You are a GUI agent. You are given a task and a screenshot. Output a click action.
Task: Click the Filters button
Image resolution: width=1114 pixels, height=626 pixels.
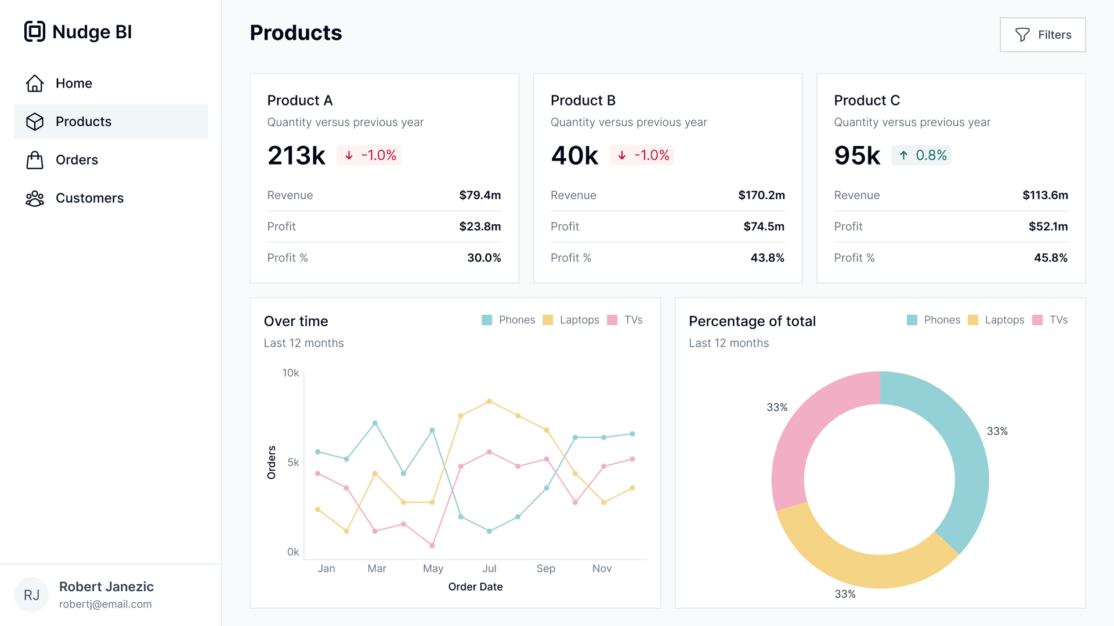pyautogui.click(x=1043, y=35)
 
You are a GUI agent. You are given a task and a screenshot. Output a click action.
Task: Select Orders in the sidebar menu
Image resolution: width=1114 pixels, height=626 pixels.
pyautogui.click(x=77, y=160)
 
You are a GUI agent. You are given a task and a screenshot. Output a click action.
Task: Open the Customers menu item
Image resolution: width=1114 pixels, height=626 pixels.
pyautogui.click(x=89, y=198)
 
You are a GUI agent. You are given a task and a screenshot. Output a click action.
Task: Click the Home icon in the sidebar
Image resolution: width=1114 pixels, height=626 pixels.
pyautogui.click(x=35, y=83)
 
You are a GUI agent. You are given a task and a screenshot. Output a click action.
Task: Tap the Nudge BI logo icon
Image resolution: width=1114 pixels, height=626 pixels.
pyautogui.click(x=35, y=31)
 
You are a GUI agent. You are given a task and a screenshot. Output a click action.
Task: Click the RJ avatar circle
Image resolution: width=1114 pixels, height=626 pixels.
pyautogui.click(x=31, y=595)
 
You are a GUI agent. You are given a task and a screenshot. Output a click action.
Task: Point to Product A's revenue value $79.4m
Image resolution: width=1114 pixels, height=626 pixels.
pyautogui.click(x=479, y=195)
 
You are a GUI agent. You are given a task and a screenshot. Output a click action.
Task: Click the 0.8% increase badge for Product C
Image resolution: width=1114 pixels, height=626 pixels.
pyautogui.click(x=921, y=155)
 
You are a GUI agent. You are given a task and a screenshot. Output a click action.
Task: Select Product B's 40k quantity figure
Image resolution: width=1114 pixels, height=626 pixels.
pyautogui.click(x=574, y=155)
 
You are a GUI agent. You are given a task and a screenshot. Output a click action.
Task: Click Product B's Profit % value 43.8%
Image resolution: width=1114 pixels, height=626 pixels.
pyautogui.click(x=767, y=258)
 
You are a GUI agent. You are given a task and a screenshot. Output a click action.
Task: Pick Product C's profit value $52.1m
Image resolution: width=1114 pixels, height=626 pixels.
pyautogui.click(x=1048, y=227)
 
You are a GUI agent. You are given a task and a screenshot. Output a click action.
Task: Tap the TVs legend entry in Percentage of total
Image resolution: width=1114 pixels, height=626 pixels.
pyautogui.click(x=1051, y=320)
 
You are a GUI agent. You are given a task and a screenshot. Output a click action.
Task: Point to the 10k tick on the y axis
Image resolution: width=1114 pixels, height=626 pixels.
pyautogui.click(x=291, y=373)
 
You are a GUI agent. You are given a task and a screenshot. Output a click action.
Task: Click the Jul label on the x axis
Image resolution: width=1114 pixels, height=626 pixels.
pyautogui.click(x=489, y=569)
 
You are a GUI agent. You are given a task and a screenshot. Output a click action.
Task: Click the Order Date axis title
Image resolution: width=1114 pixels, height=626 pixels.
pyautogui.click(x=475, y=587)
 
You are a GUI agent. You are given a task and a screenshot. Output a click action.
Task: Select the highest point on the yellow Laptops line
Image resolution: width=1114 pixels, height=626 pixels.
pyautogui.click(x=489, y=401)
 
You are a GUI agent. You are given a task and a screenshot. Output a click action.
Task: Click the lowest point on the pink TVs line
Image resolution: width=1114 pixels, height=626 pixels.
pyautogui.click(x=432, y=545)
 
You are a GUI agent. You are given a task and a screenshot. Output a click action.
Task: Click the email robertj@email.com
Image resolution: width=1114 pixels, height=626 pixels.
pyautogui.click(x=106, y=604)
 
